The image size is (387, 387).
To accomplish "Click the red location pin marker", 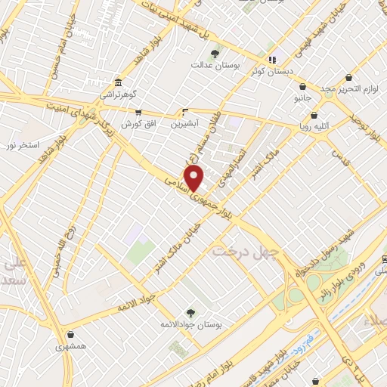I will click(194, 178).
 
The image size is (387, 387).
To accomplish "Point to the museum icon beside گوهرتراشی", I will click(118, 83).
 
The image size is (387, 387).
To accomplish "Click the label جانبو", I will click(302, 98).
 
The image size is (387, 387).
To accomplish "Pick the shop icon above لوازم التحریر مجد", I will click(348, 78).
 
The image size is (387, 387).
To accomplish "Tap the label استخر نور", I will click(24, 143).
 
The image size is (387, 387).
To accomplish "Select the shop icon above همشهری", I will click(71, 335).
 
